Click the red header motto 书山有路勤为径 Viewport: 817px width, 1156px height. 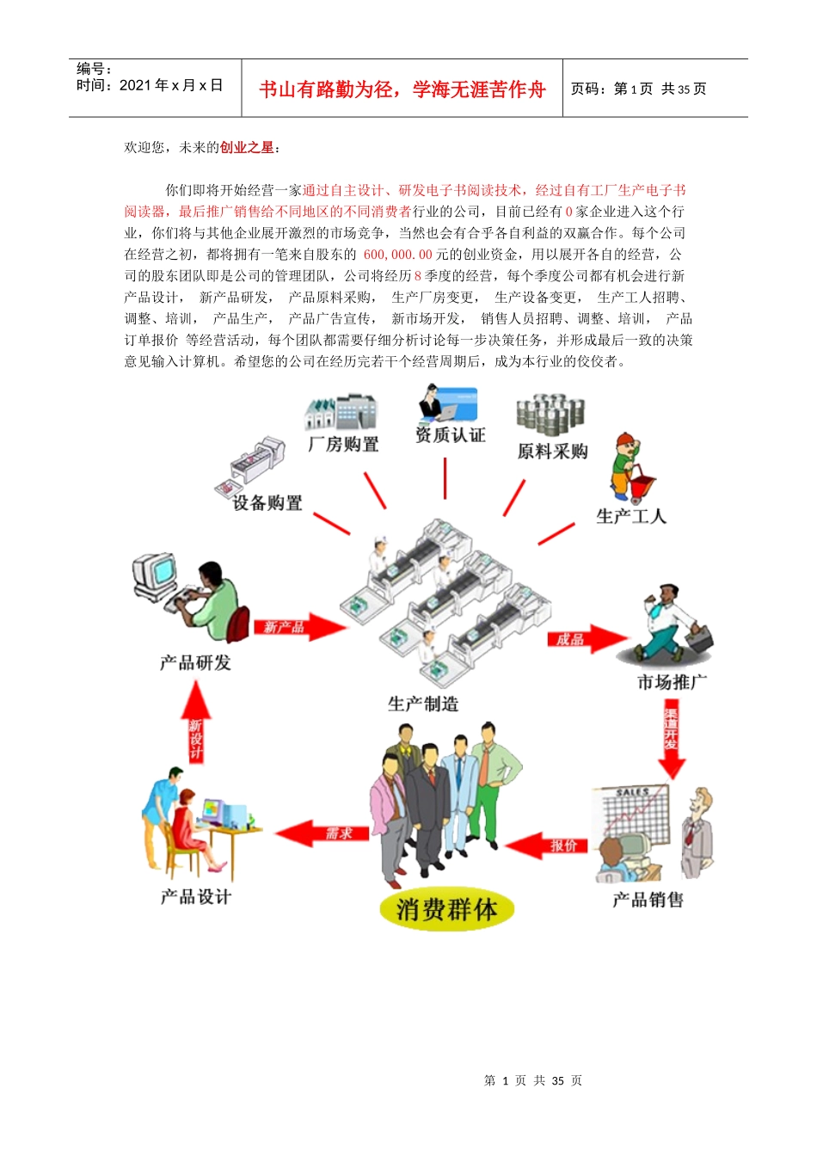(402, 89)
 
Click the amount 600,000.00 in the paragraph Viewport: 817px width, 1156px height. (397, 255)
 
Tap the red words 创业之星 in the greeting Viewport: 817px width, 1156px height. (247, 148)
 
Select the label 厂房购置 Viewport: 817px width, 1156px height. (343, 444)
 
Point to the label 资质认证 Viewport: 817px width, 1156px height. (450, 435)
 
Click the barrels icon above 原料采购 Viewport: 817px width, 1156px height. (550, 415)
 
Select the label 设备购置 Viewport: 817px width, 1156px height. (267, 503)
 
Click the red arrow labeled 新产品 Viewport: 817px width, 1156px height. (297, 627)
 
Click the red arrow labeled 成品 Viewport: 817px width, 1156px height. (585, 638)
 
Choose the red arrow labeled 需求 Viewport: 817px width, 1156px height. (322, 833)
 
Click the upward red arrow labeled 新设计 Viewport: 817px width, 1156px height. (196, 724)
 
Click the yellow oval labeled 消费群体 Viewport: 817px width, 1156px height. (446, 909)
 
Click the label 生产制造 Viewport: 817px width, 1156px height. (423, 704)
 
